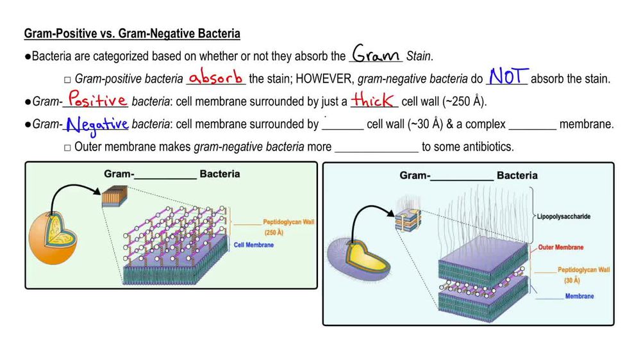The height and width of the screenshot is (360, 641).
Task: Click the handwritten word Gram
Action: (377, 55)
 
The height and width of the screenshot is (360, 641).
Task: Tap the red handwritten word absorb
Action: (216, 78)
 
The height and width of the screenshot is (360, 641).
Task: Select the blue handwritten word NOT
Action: (507, 77)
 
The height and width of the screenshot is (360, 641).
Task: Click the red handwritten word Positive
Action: (98, 100)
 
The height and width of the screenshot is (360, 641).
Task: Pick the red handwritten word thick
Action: (376, 100)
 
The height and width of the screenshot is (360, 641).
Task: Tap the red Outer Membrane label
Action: (561, 247)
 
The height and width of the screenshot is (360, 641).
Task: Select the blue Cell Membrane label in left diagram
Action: (254, 245)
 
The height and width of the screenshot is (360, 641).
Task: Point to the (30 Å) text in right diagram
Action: (572, 281)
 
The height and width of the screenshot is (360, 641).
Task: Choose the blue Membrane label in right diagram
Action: (579, 296)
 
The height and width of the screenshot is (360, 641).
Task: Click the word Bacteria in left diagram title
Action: (220, 174)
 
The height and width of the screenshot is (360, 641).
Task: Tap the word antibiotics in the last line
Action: (490, 147)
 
